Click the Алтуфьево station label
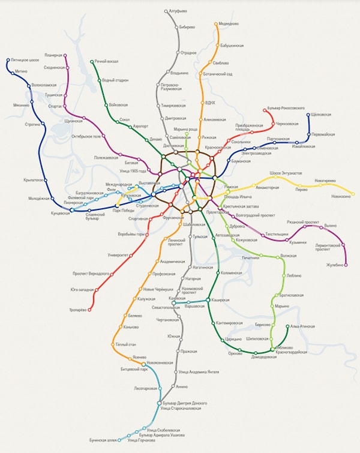[x=181, y=11]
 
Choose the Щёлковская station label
[x=325, y=113]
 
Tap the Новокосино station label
[x=342, y=197]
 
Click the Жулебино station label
[x=335, y=264]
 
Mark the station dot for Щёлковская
[x=310, y=114]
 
